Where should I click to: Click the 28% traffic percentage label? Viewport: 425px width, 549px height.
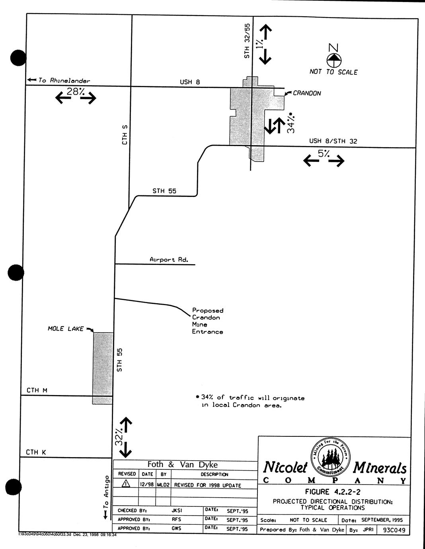pos(75,91)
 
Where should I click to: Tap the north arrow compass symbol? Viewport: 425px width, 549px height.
pos(334,60)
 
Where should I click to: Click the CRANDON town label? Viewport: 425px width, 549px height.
pos(306,93)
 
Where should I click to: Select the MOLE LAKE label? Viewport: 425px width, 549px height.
pos(66,329)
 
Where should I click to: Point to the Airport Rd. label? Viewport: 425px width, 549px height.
pos(168,259)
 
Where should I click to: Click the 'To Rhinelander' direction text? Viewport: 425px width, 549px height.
pos(64,80)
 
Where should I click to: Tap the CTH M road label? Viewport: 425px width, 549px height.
pos(37,390)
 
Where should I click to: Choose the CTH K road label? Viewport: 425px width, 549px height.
pos(36,452)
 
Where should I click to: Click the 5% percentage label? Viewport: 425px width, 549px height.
pos(324,154)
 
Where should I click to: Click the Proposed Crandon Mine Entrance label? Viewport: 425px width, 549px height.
pos(207,321)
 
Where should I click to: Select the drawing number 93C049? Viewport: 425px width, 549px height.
pos(394,530)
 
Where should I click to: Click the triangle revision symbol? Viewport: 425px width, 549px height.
pos(126,484)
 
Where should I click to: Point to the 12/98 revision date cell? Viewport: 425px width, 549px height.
pos(147,485)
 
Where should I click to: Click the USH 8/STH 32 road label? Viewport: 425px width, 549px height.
pos(333,141)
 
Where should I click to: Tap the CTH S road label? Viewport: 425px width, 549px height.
pos(125,134)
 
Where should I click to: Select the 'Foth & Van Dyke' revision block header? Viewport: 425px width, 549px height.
pos(183,464)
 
